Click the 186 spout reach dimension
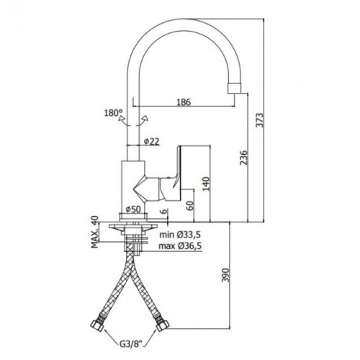(x=184, y=102)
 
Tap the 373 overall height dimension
(x=259, y=120)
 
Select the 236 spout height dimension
(x=243, y=158)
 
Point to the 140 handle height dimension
(x=206, y=184)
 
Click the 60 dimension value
(x=190, y=206)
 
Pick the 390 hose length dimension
(x=226, y=275)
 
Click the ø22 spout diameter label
(x=152, y=141)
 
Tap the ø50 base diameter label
(x=133, y=210)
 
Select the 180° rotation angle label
(x=113, y=113)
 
